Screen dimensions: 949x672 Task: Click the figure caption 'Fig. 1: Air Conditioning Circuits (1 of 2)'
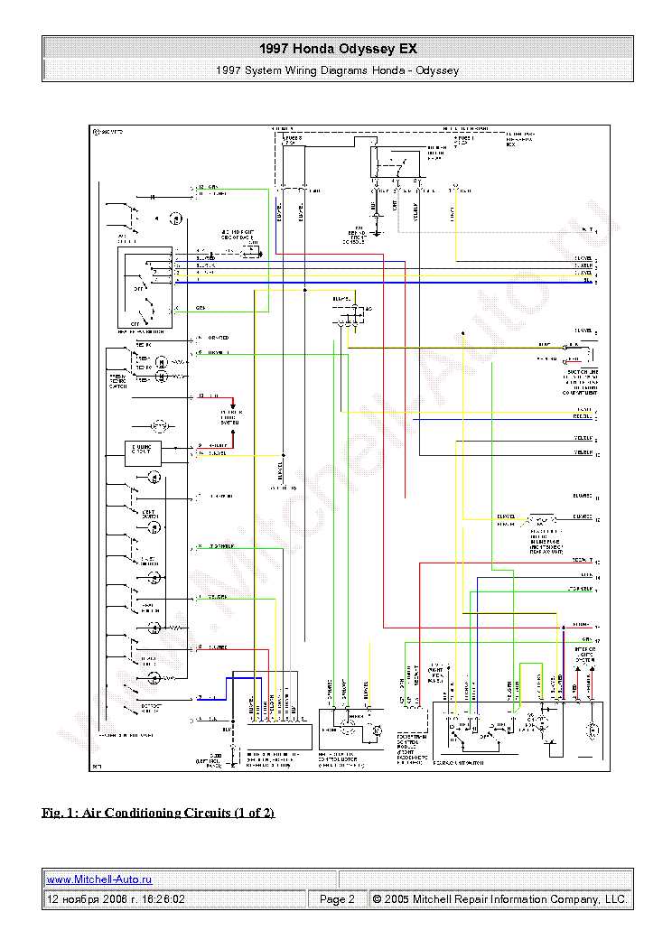[x=158, y=813]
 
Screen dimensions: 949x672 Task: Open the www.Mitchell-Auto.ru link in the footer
[x=99, y=879]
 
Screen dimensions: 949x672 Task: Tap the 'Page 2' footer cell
[x=337, y=899]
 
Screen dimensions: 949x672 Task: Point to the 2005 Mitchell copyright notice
[x=499, y=899]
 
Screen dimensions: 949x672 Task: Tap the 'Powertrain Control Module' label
[x=412, y=749]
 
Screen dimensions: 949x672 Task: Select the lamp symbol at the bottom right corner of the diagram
[x=593, y=730]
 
